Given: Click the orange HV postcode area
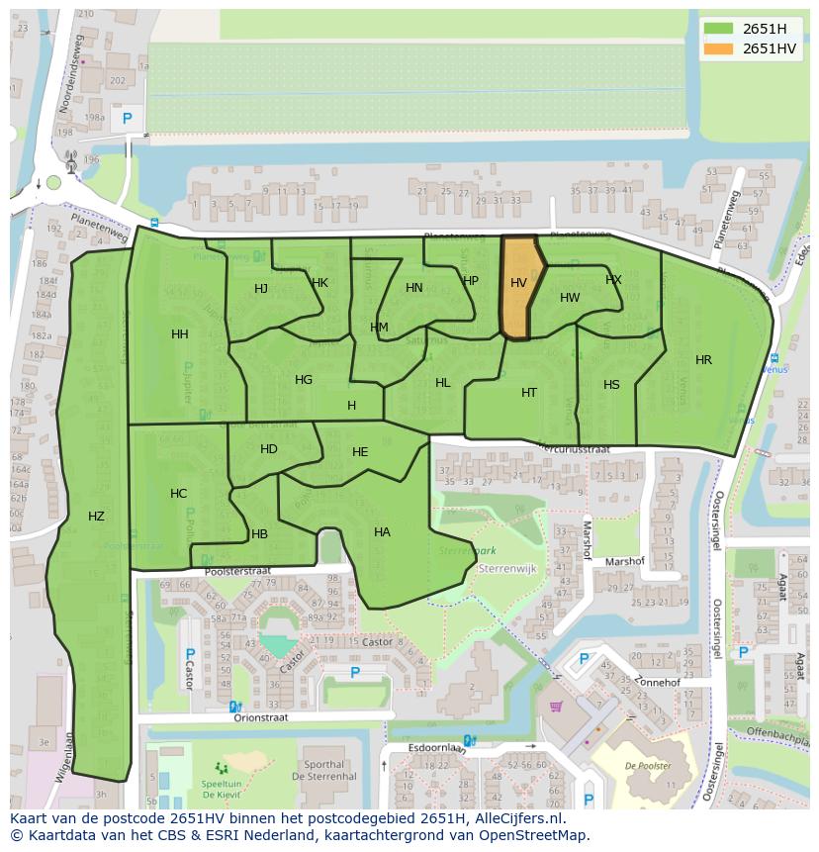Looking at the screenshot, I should click(x=520, y=287).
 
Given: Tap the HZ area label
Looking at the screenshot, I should click(x=96, y=516).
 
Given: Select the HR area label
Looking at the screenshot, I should click(x=703, y=360).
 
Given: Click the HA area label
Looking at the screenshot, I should click(x=382, y=532).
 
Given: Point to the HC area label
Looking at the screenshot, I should click(x=178, y=494).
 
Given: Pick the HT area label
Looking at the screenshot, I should click(x=529, y=393).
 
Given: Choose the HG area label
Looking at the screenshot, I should click(x=304, y=380).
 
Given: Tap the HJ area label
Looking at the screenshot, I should click(x=261, y=289).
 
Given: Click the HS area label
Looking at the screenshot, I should click(x=611, y=385).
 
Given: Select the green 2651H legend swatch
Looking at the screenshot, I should click(x=719, y=30).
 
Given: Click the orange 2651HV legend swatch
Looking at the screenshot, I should click(x=719, y=48).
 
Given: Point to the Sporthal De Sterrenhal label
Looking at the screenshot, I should click(x=324, y=771).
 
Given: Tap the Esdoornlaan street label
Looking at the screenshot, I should click(x=436, y=748).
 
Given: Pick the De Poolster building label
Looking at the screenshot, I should click(x=648, y=765).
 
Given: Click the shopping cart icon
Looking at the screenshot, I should click(x=556, y=707).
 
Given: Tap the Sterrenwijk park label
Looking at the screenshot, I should click(x=506, y=570).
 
